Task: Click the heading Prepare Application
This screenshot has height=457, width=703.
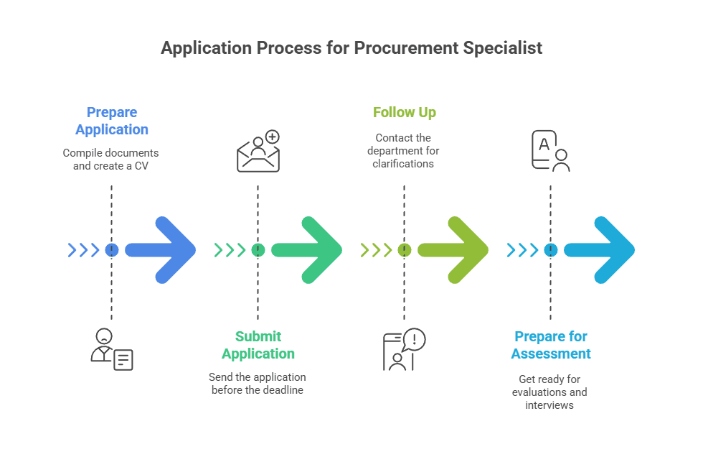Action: pyautogui.click(x=112, y=121)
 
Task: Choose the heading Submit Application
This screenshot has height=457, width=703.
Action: pyautogui.click(x=258, y=345)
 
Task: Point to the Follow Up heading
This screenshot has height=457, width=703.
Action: pyautogui.click(x=405, y=112)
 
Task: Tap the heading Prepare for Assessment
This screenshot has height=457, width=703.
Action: pyautogui.click(x=552, y=345)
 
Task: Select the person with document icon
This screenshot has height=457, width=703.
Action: pyautogui.click(x=112, y=349)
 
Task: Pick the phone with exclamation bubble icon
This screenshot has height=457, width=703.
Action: pyautogui.click(x=404, y=349)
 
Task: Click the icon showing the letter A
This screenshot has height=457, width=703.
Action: pyautogui.click(x=550, y=150)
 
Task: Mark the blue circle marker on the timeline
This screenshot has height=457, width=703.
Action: pyautogui.click(x=112, y=250)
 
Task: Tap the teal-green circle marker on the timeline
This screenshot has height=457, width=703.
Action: pyautogui.click(x=258, y=250)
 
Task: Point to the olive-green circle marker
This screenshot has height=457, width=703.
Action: pyautogui.click(x=405, y=250)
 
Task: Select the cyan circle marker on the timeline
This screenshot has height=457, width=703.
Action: pyautogui.click(x=550, y=250)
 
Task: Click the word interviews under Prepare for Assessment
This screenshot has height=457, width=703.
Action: pyautogui.click(x=549, y=405)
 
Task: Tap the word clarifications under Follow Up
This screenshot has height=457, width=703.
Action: pyautogui.click(x=403, y=164)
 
